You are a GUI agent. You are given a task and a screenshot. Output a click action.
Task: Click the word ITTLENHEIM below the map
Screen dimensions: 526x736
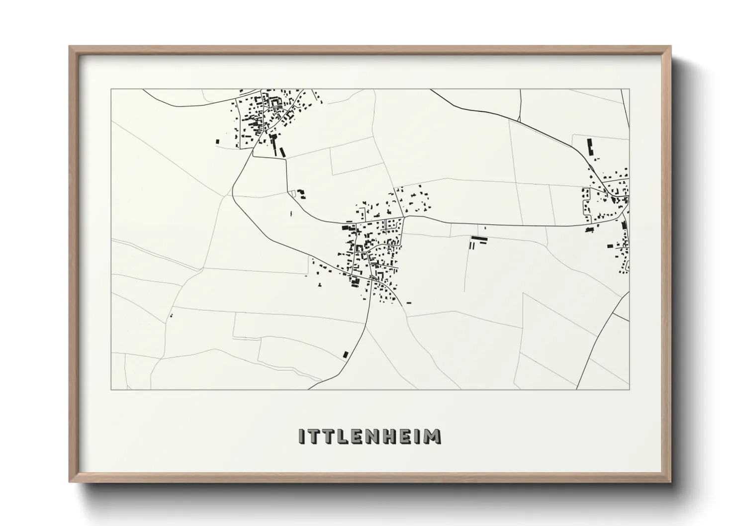click(368, 436)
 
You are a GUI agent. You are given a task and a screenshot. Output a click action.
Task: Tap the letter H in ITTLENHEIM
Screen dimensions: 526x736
click(392, 436)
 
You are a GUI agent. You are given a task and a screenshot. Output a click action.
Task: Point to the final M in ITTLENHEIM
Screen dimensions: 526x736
click(433, 436)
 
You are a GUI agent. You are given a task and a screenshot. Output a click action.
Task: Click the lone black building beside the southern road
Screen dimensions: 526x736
click(345, 354)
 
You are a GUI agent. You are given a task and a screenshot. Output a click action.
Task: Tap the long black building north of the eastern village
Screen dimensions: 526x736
click(591, 147)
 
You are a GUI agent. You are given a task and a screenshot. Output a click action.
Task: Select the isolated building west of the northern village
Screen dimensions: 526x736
click(217, 141)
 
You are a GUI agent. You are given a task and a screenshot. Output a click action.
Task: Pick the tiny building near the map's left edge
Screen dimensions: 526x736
click(171, 315)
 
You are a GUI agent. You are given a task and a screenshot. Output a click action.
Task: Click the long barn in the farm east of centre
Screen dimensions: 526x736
click(479, 239)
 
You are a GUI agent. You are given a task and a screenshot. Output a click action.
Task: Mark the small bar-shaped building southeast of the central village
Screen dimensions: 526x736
click(409, 302)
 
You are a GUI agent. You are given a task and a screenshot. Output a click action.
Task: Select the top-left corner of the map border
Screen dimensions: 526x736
click(111, 89)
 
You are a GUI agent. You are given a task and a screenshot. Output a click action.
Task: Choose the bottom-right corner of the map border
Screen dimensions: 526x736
click(629, 389)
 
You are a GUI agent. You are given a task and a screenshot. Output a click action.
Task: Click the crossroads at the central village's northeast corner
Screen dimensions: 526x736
click(404, 217)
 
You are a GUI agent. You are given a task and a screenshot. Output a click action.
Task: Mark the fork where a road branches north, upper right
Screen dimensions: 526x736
click(518, 121)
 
